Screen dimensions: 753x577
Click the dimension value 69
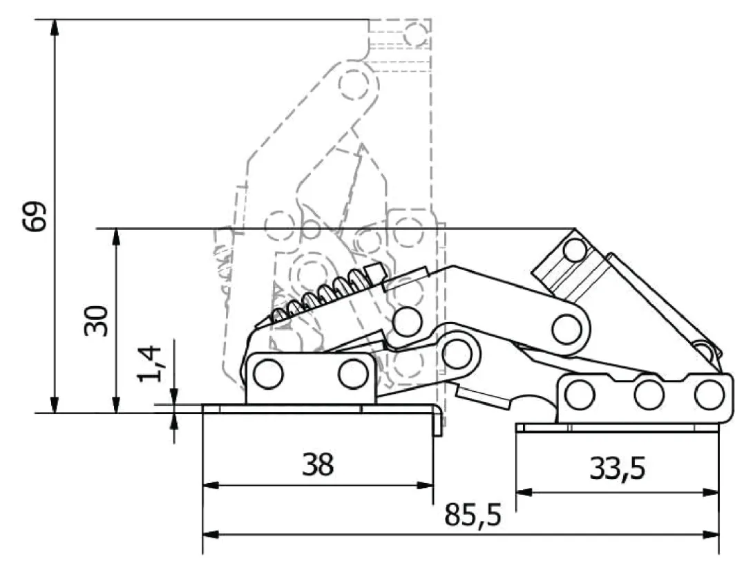(35, 217)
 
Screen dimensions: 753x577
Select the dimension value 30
(96, 321)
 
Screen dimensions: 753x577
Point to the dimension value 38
(317, 465)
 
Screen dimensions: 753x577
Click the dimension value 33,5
(617, 469)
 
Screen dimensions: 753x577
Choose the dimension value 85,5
(473, 515)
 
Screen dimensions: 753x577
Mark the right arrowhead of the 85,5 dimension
(712, 534)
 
